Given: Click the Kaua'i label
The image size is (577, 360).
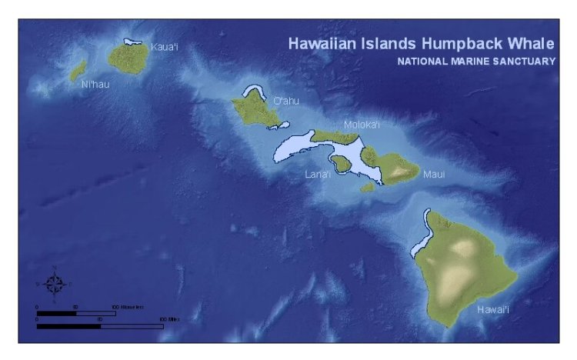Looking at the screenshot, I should [x=165, y=48].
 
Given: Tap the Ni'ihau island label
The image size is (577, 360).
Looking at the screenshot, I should [x=95, y=84].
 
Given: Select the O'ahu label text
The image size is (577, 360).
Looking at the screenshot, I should [x=285, y=101].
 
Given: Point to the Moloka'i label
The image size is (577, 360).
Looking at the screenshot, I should [x=362, y=125].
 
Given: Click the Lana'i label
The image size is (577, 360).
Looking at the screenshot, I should [x=318, y=174].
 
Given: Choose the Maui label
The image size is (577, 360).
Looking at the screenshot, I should [x=434, y=175].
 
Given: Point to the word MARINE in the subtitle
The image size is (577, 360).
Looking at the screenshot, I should [x=463, y=61].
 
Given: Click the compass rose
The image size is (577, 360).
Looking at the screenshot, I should [x=55, y=285].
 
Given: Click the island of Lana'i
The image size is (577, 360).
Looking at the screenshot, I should [x=339, y=163].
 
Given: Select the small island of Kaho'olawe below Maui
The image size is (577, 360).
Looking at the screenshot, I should [x=368, y=187].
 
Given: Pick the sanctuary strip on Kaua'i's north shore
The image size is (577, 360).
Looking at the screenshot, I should [x=135, y=42].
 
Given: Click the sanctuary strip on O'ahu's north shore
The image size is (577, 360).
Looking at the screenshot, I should [x=252, y=92].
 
